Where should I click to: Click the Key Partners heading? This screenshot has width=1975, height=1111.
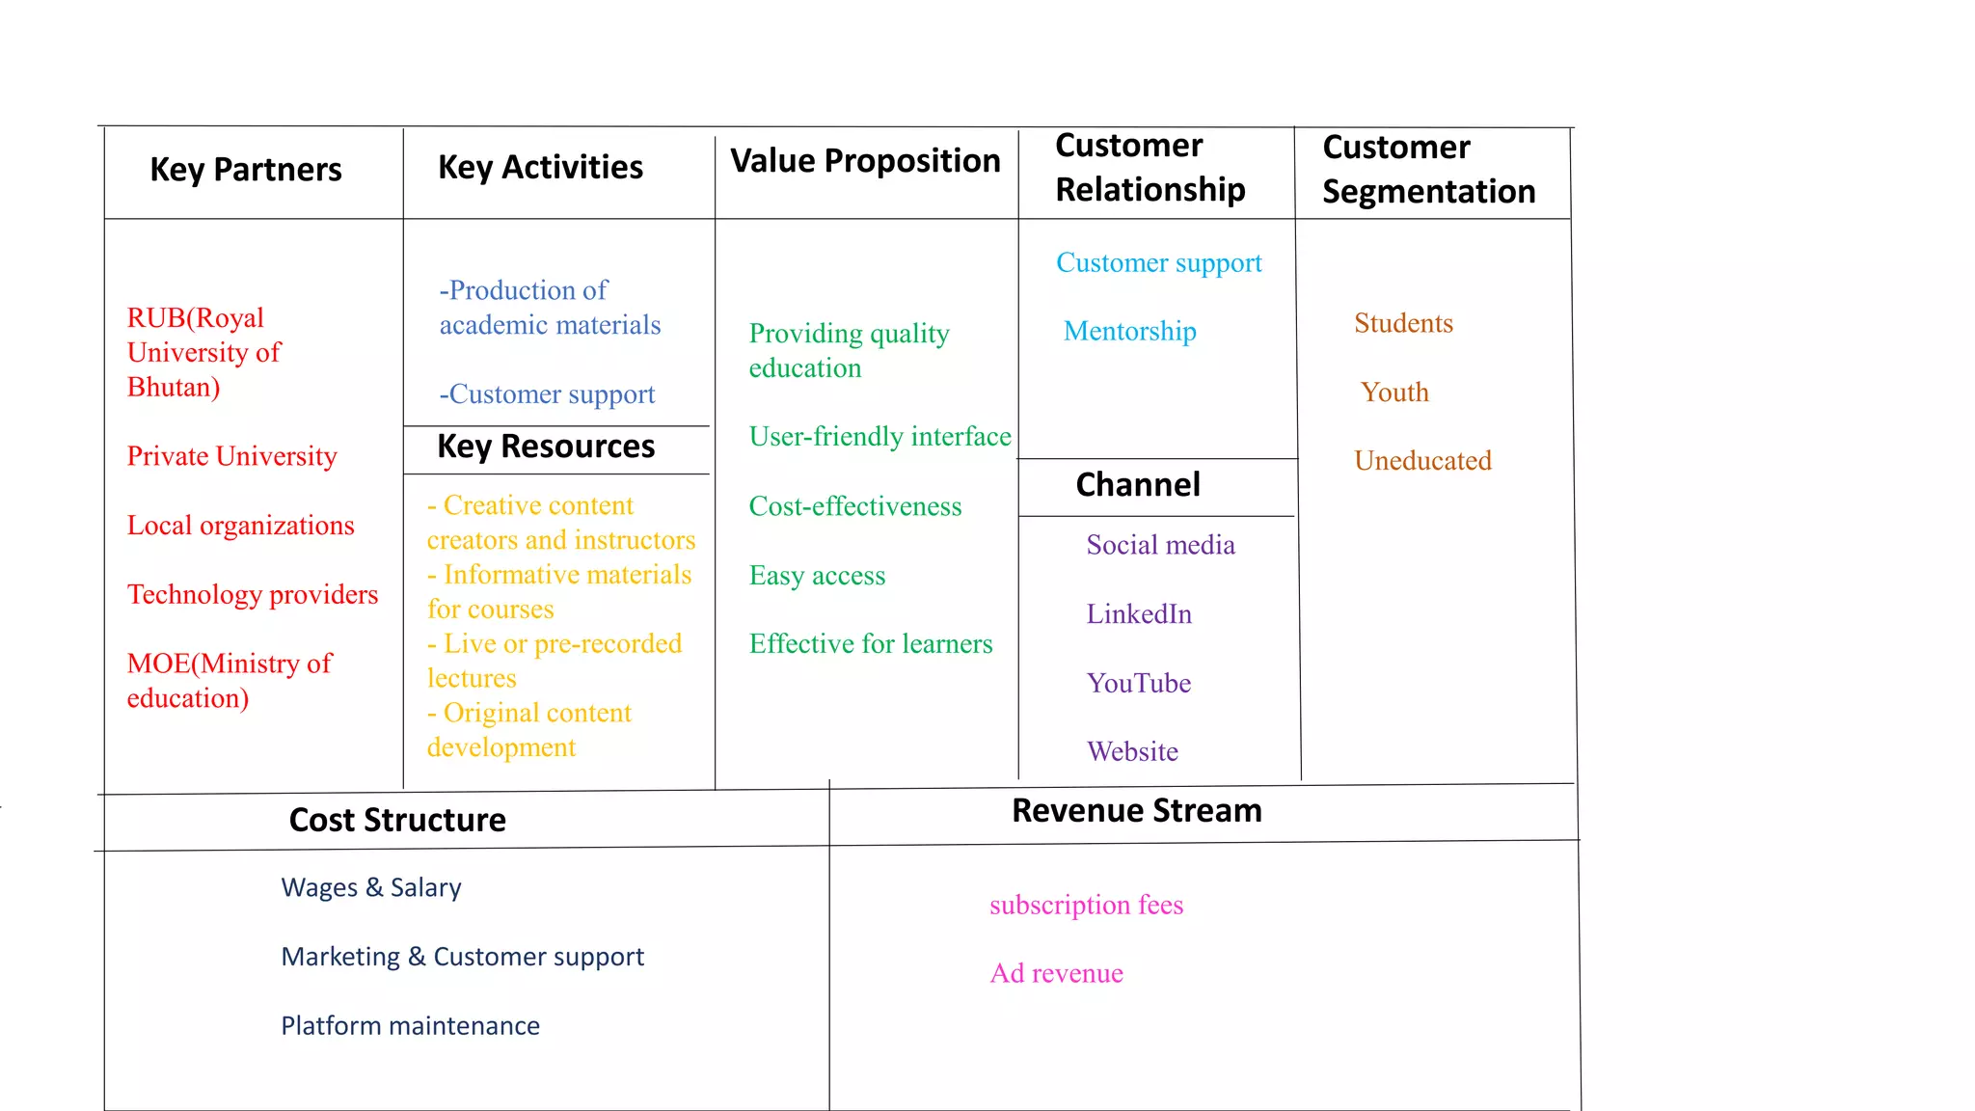pyautogui.click(x=246, y=170)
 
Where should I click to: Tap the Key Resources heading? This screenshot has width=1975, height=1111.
pyautogui.click(x=546, y=447)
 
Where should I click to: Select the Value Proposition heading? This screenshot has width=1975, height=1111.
pyautogui.click(x=865, y=161)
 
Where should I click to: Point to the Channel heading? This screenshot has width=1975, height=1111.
pyautogui.click(x=1138, y=484)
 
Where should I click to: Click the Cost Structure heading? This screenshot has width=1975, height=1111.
pyautogui.click(x=397, y=820)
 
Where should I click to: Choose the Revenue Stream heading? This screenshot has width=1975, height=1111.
pyautogui.click(x=1137, y=810)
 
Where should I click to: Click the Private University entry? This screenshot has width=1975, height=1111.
pyautogui.click(x=231, y=456)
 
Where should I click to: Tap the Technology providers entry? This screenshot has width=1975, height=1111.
pyautogui.click(x=253, y=594)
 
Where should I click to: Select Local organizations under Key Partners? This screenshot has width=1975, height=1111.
pyautogui.click(x=240, y=526)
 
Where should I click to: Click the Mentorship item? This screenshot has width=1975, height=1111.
pyautogui.click(x=1129, y=332)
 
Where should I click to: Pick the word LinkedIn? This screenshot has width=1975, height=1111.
pyautogui.click(x=1139, y=614)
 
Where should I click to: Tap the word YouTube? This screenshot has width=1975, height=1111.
pyautogui.click(x=1139, y=684)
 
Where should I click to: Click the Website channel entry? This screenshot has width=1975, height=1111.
pyautogui.click(x=1132, y=752)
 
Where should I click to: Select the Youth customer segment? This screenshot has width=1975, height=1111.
pyautogui.click(x=1394, y=393)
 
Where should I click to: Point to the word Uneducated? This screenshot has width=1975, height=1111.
pyautogui.click(x=1422, y=461)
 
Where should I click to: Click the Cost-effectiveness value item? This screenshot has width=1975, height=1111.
pyautogui.click(x=855, y=507)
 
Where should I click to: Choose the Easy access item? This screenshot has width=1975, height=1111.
pyautogui.click(x=817, y=576)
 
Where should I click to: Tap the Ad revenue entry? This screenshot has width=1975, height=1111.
pyautogui.click(x=1056, y=974)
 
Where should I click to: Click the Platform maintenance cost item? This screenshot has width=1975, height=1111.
pyautogui.click(x=410, y=1026)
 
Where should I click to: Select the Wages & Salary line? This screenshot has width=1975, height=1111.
pyautogui.click(x=371, y=887)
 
